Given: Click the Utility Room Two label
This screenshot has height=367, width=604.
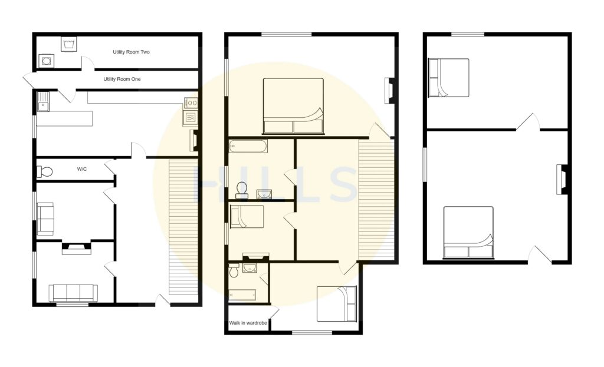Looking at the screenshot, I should (131, 52).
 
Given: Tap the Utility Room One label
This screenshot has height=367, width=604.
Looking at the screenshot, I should (122, 79).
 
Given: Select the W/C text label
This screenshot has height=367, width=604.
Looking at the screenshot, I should (82, 170).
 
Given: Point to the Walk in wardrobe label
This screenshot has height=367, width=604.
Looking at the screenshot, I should (248, 323).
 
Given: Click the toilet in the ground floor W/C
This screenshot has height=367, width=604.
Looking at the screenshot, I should (45, 171).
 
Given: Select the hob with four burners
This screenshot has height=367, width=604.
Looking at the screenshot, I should (191, 103).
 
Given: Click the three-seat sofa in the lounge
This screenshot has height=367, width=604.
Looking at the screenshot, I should (73, 293).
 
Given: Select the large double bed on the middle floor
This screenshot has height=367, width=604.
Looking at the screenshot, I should (293, 106).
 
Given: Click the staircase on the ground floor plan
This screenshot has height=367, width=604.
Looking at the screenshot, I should (183, 227).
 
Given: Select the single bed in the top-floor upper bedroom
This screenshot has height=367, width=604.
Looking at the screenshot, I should (448, 77).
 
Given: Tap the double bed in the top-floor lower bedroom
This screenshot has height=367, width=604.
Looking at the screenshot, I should (468, 232).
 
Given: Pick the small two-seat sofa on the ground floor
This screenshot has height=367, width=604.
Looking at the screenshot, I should (45, 217).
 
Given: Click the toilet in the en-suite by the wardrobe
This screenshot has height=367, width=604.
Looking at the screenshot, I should (234, 272).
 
